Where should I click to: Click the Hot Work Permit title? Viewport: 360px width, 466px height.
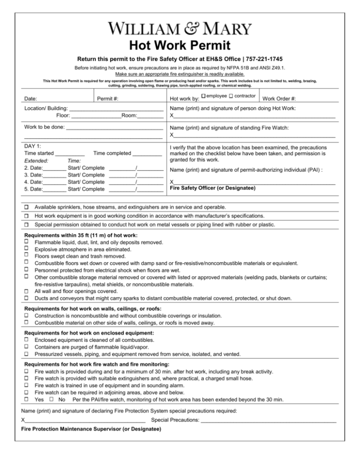click(x=180, y=46)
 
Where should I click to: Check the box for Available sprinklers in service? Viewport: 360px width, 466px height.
click(x=27, y=207)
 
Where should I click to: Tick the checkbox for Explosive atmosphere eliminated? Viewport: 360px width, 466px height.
click(x=27, y=249)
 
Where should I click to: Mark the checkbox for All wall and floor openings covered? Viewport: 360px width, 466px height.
click(x=27, y=291)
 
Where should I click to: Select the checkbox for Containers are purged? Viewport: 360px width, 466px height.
click(x=27, y=346)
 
